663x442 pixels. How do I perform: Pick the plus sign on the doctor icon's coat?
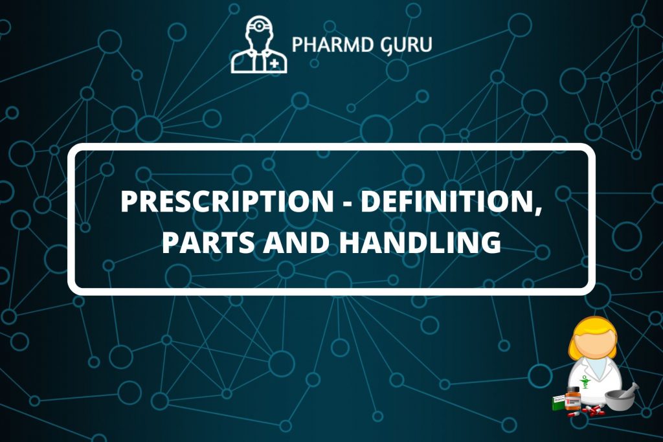click(x=275, y=64)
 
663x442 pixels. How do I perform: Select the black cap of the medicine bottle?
click(x=572, y=390)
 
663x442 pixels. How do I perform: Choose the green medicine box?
click(x=558, y=403)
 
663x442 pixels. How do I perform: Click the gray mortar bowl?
click(x=620, y=402)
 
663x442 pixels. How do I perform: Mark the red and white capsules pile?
click(x=587, y=411)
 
